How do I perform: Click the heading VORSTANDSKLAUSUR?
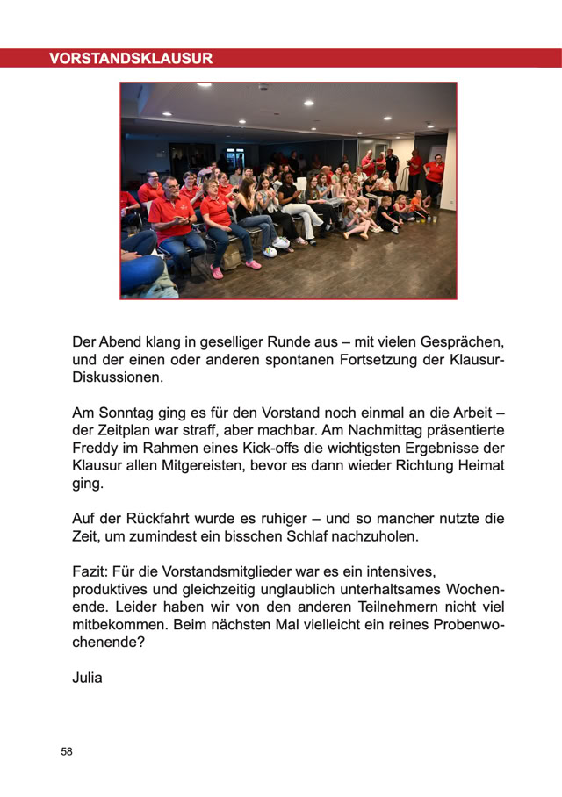tap(131, 59)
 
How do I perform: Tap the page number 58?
tap(67, 752)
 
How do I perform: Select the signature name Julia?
tap(87, 677)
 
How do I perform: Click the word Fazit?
tap(90, 571)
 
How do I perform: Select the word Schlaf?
tap(330, 535)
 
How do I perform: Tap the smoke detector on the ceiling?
tap(263, 88)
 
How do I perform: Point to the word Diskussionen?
tap(118, 377)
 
